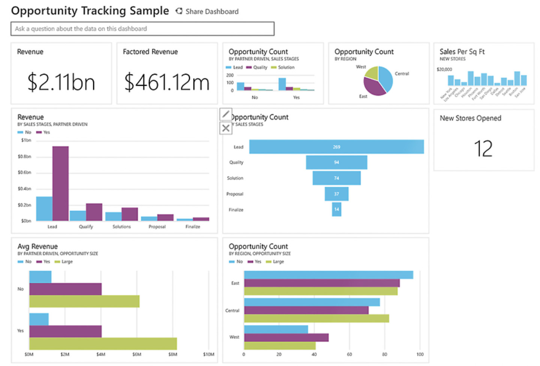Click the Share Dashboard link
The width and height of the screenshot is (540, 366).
pyautogui.click(x=207, y=12)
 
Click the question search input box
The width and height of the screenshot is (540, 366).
pyautogui.click(x=142, y=29)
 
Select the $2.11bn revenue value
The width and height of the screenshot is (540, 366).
pyautogui.click(x=61, y=82)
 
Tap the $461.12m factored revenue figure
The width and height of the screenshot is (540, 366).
pyautogui.click(x=167, y=82)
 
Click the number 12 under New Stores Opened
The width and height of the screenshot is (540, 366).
pyautogui.click(x=483, y=149)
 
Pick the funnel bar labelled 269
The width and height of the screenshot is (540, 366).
pyautogui.click(x=336, y=147)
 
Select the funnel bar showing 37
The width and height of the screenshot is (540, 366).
pyautogui.click(x=336, y=194)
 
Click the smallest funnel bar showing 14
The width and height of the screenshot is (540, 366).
pyautogui.click(x=336, y=209)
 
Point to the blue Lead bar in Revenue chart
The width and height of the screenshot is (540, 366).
pyautogui.click(x=44, y=208)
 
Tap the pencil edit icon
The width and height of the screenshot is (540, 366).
pyautogui.click(x=226, y=114)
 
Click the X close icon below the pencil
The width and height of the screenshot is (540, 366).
pyautogui.click(x=226, y=128)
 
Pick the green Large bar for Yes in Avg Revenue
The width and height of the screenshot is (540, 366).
pyautogui.click(x=103, y=343)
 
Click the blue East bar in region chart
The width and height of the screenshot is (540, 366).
pyautogui.click(x=328, y=275)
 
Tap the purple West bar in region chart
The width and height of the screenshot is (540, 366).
pyautogui.click(x=286, y=337)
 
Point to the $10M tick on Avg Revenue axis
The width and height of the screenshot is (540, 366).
pyautogui.click(x=208, y=354)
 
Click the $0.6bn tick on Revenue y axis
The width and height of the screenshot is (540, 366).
pyautogui.click(x=24, y=173)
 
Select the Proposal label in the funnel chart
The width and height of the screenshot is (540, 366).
pyautogui.click(x=235, y=194)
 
